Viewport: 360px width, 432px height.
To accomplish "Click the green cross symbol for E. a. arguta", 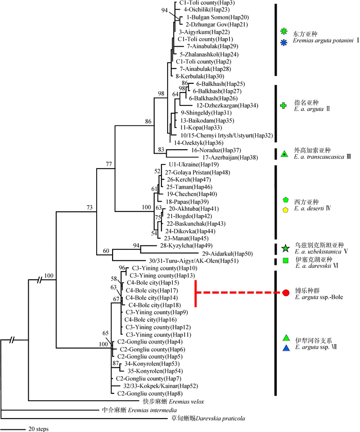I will coord(282,105).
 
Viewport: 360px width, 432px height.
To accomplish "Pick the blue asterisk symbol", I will coord(283,43).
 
